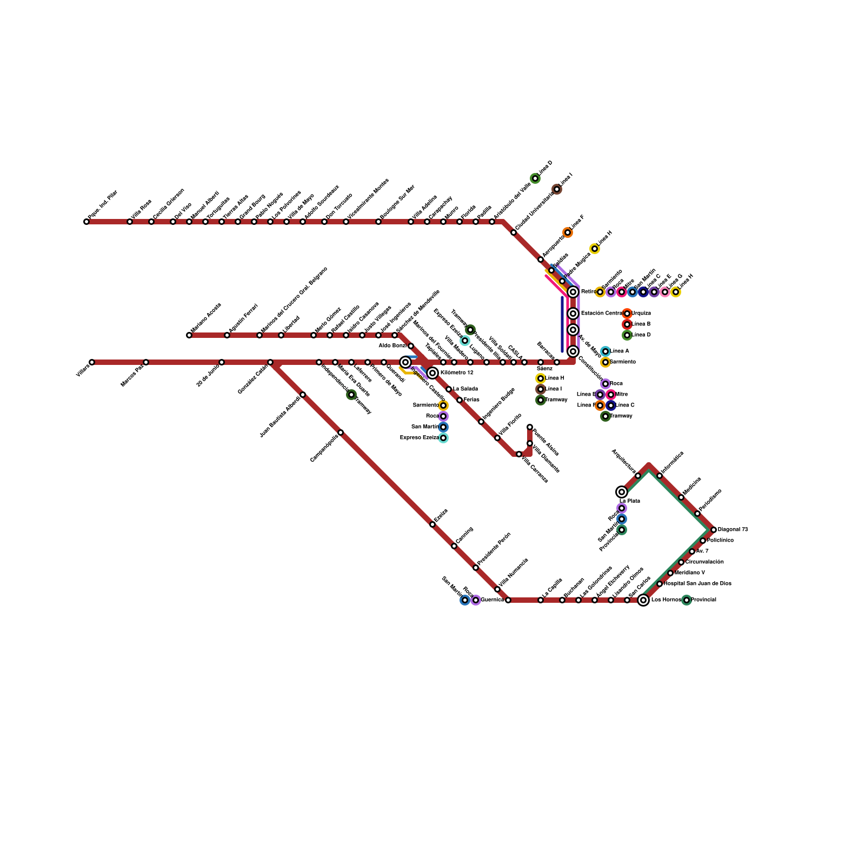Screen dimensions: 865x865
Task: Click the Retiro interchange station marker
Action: (573, 292)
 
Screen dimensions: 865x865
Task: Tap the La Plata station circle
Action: (622, 492)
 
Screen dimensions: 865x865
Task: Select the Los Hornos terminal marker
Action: (643, 600)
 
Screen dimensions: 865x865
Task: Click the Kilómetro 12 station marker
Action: (432, 373)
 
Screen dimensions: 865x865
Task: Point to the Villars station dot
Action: (92, 362)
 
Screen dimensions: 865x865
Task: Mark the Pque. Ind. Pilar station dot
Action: (86, 222)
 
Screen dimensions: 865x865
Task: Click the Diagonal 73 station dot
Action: (714, 530)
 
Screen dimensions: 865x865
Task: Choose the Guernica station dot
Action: (508, 600)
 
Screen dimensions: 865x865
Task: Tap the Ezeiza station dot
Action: (432, 524)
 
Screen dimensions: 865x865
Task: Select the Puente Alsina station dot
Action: (530, 427)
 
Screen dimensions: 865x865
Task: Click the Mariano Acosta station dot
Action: (189, 335)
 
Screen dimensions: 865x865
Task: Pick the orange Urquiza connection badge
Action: (627, 314)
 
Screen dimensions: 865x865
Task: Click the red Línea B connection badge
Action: (627, 324)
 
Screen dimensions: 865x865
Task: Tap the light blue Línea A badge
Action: (605, 351)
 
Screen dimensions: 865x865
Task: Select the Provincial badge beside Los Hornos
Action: (687, 600)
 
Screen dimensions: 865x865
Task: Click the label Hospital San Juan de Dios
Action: (697, 584)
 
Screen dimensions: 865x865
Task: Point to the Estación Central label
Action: (602, 314)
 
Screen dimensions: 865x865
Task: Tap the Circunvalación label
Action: (704, 562)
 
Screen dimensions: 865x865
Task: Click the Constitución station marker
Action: (573, 351)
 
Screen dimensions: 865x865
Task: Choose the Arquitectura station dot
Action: (638, 476)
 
